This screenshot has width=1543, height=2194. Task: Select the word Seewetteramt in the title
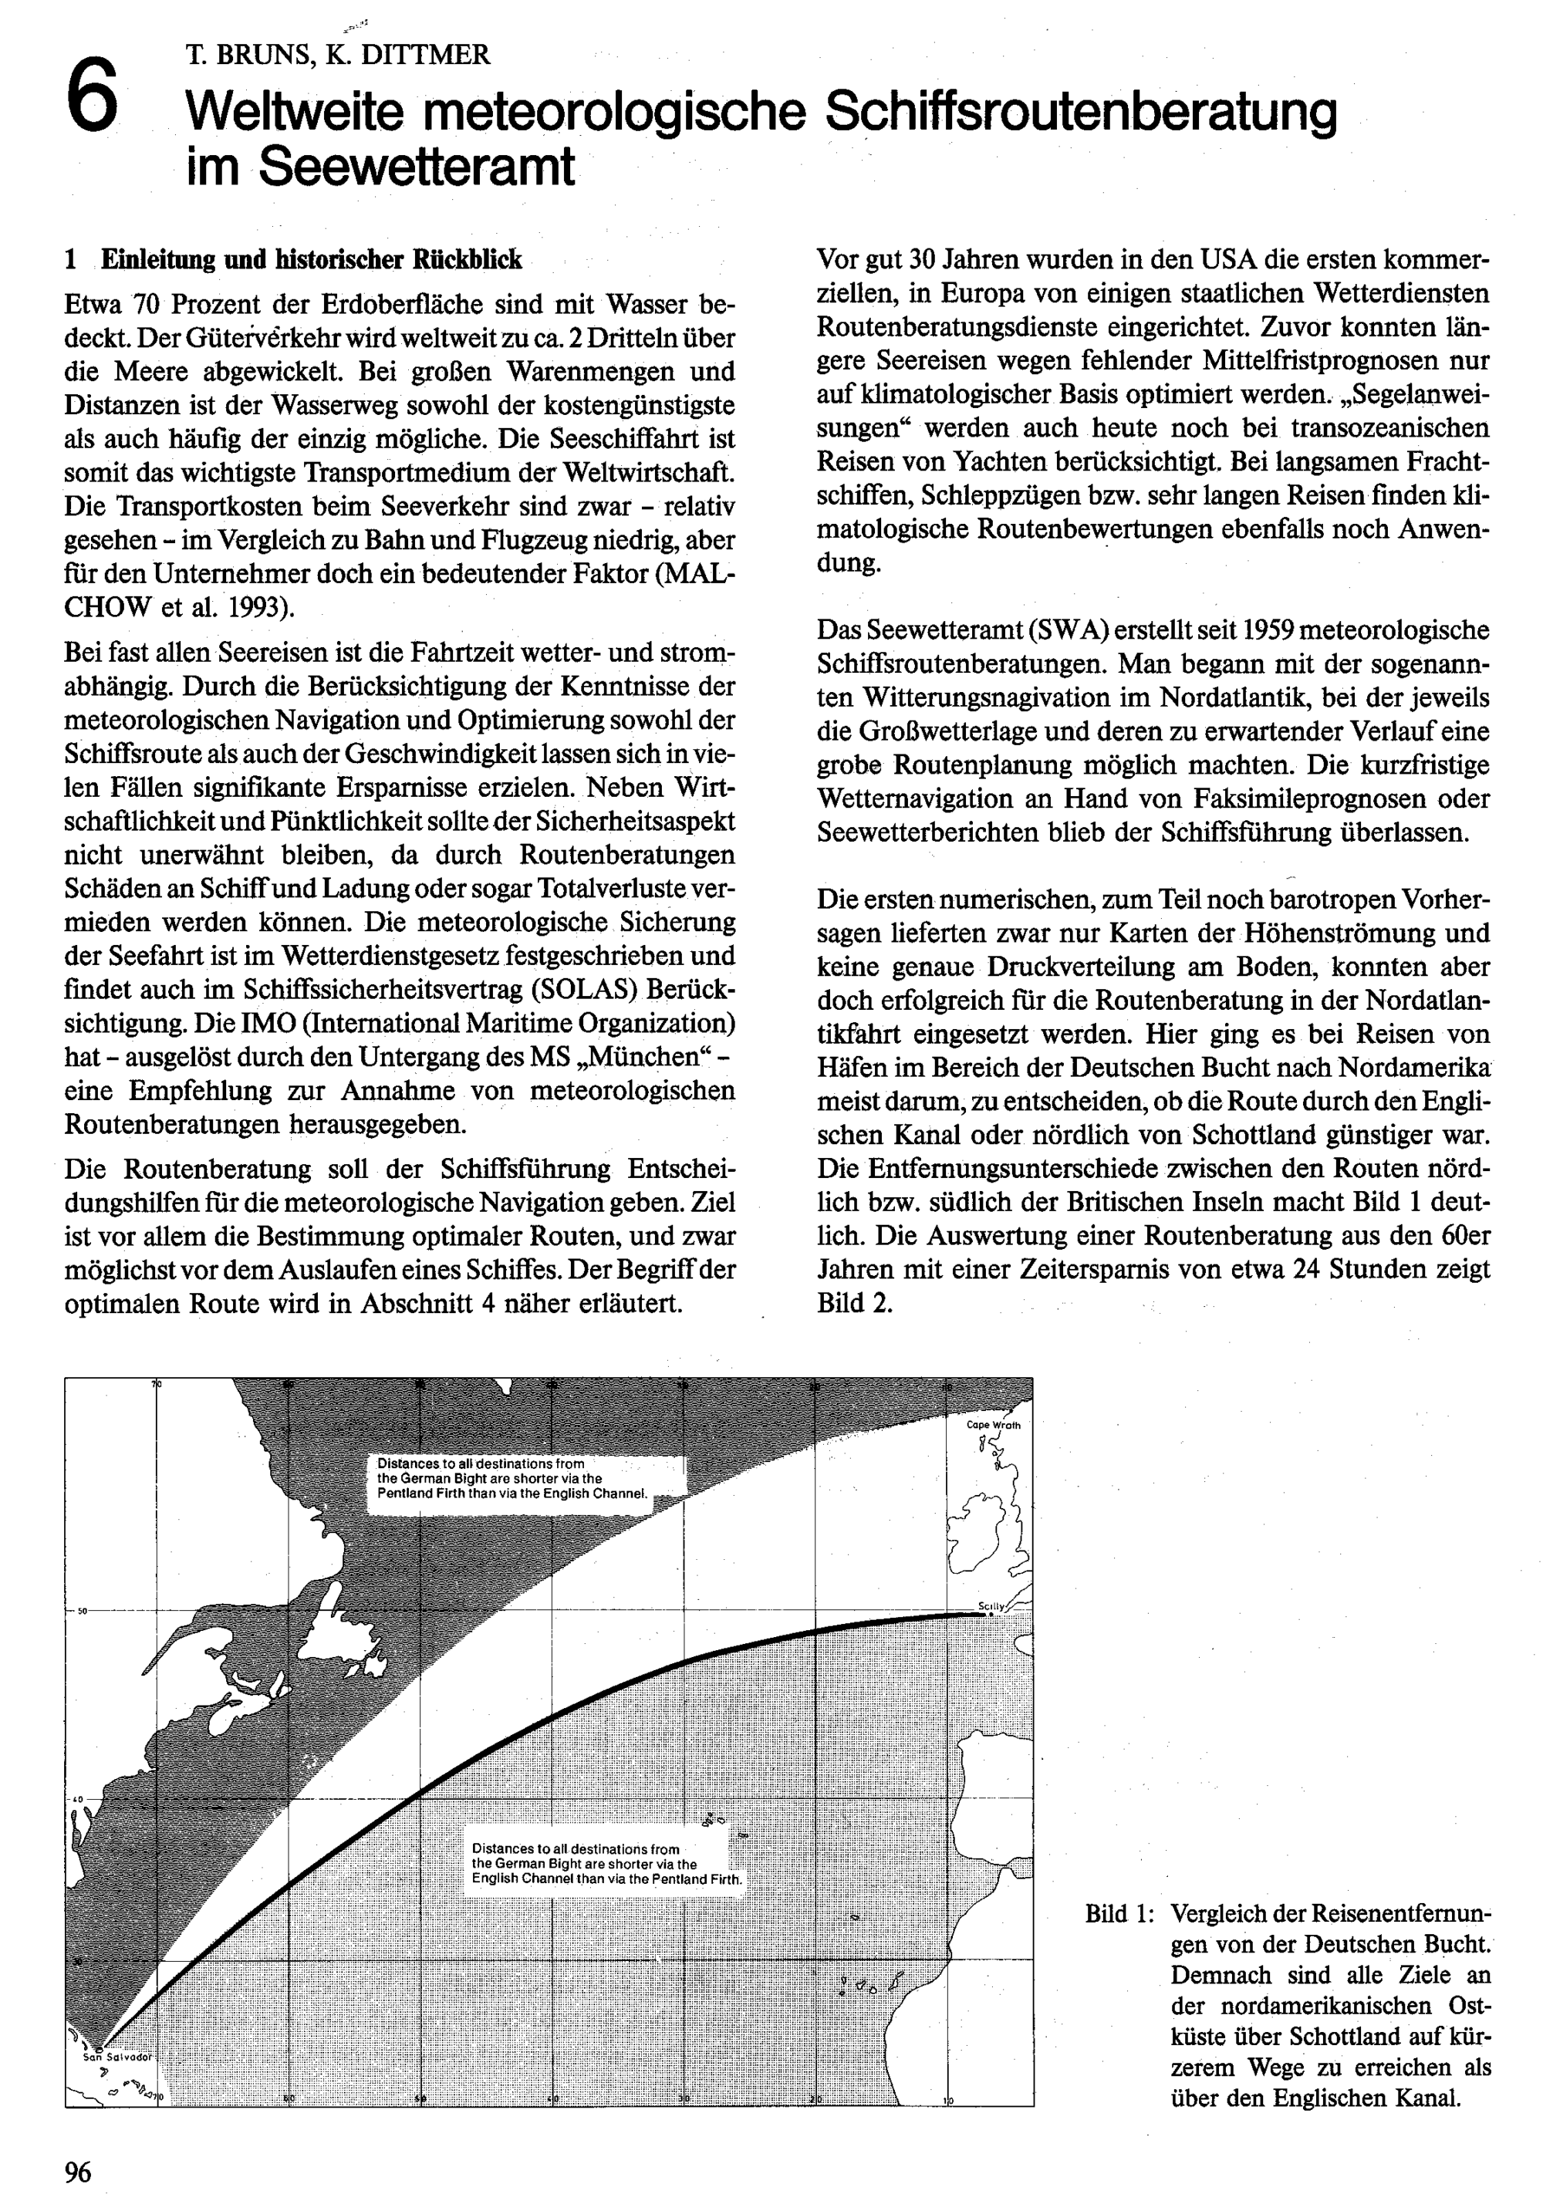[417, 167]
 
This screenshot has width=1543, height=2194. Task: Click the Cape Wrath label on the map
[994, 1425]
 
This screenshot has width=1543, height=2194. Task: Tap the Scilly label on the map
[991, 1606]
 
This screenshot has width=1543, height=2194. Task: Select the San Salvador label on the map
[116, 2057]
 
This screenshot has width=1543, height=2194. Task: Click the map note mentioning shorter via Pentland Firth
[513, 1478]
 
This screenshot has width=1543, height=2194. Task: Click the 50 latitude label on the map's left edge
[83, 1611]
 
